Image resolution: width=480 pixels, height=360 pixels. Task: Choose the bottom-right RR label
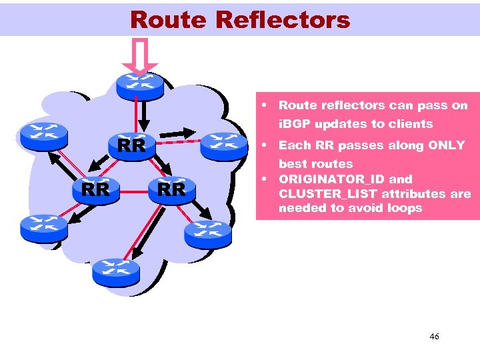point(171,190)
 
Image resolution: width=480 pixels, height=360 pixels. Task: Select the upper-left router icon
point(43,135)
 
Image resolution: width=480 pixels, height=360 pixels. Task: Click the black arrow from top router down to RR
point(141,117)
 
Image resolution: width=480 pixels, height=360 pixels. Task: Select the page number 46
point(434,337)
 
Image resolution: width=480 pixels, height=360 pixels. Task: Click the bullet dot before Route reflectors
point(265,105)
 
